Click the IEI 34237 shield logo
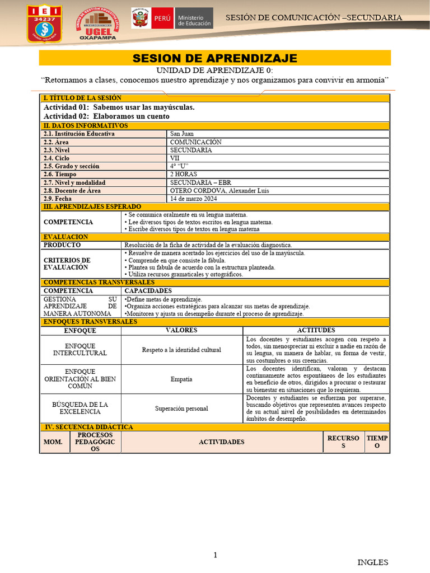44,25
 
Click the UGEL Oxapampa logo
98,24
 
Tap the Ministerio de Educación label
194,21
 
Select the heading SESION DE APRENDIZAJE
214,59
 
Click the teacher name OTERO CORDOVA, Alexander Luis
219,191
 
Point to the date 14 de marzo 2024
194,199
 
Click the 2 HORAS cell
184,175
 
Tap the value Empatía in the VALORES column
181,379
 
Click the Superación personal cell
182,408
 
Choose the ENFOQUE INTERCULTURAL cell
80,350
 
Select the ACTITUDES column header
316,331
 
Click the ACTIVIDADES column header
221,442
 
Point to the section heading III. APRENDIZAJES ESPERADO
92,207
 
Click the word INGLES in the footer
372,562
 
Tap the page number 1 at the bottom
215,555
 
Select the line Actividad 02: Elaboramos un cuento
106,116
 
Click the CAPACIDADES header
148,291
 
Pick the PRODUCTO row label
62,245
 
